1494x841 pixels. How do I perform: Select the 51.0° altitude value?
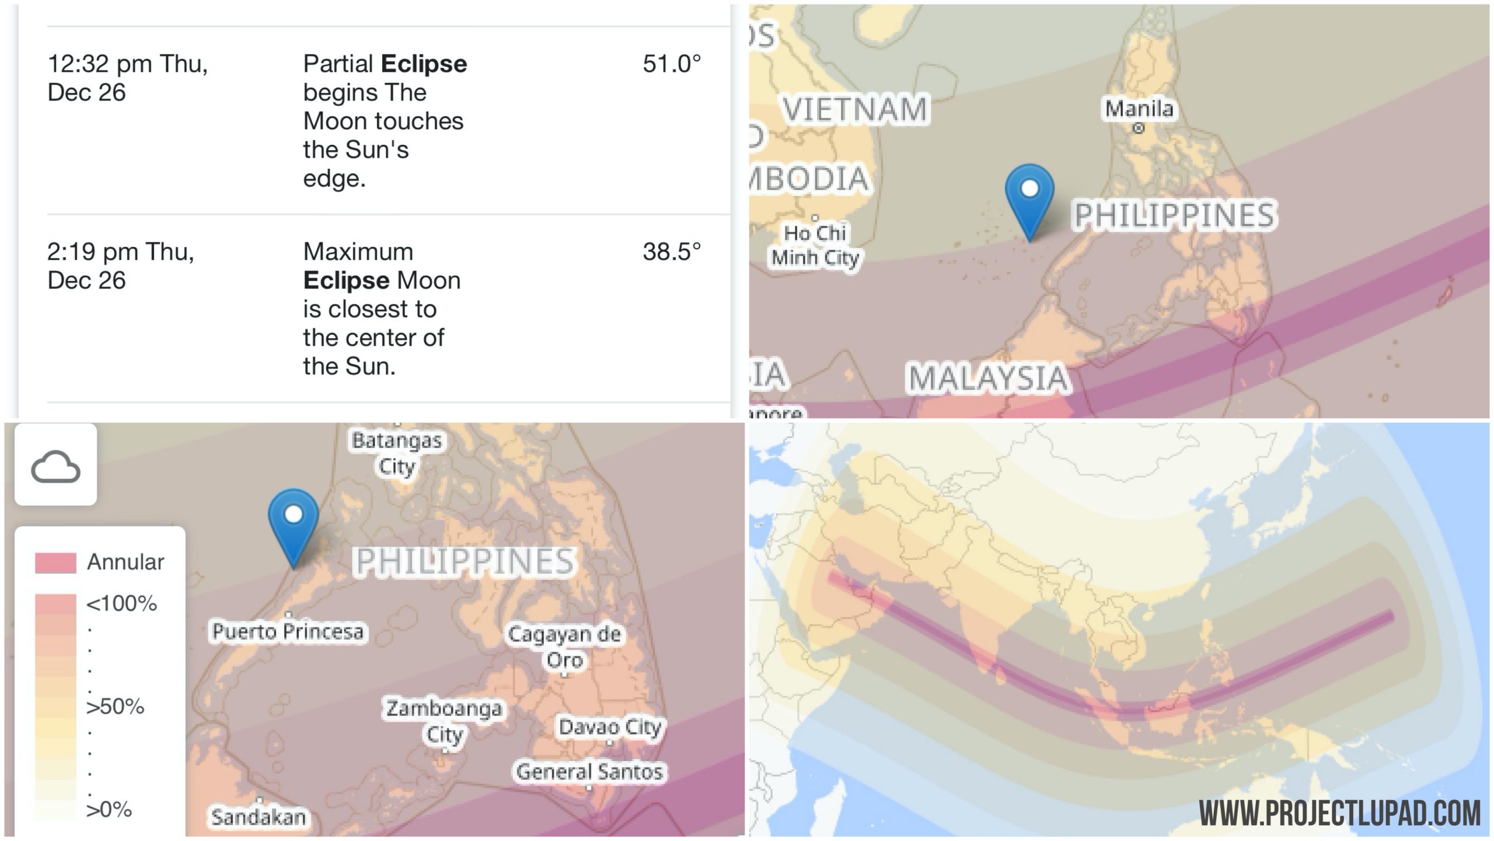(671, 64)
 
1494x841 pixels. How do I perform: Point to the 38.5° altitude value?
(671, 252)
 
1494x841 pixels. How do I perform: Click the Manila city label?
(1139, 109)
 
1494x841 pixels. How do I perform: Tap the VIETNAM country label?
(854, 109)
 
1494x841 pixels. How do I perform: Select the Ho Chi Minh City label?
(815, 245)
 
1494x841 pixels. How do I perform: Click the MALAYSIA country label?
(988, 378)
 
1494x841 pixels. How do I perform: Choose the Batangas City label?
(397, 453)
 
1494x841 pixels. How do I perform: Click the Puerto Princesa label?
(288, 631)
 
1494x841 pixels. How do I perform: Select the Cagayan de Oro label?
(564, 647)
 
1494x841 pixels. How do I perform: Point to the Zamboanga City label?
(444, 721)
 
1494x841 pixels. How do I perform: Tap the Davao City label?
(610, 727)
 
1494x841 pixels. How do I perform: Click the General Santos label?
(589, 772)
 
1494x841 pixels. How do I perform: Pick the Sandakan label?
(259, 816)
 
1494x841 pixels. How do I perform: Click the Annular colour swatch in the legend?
(55, 562)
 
